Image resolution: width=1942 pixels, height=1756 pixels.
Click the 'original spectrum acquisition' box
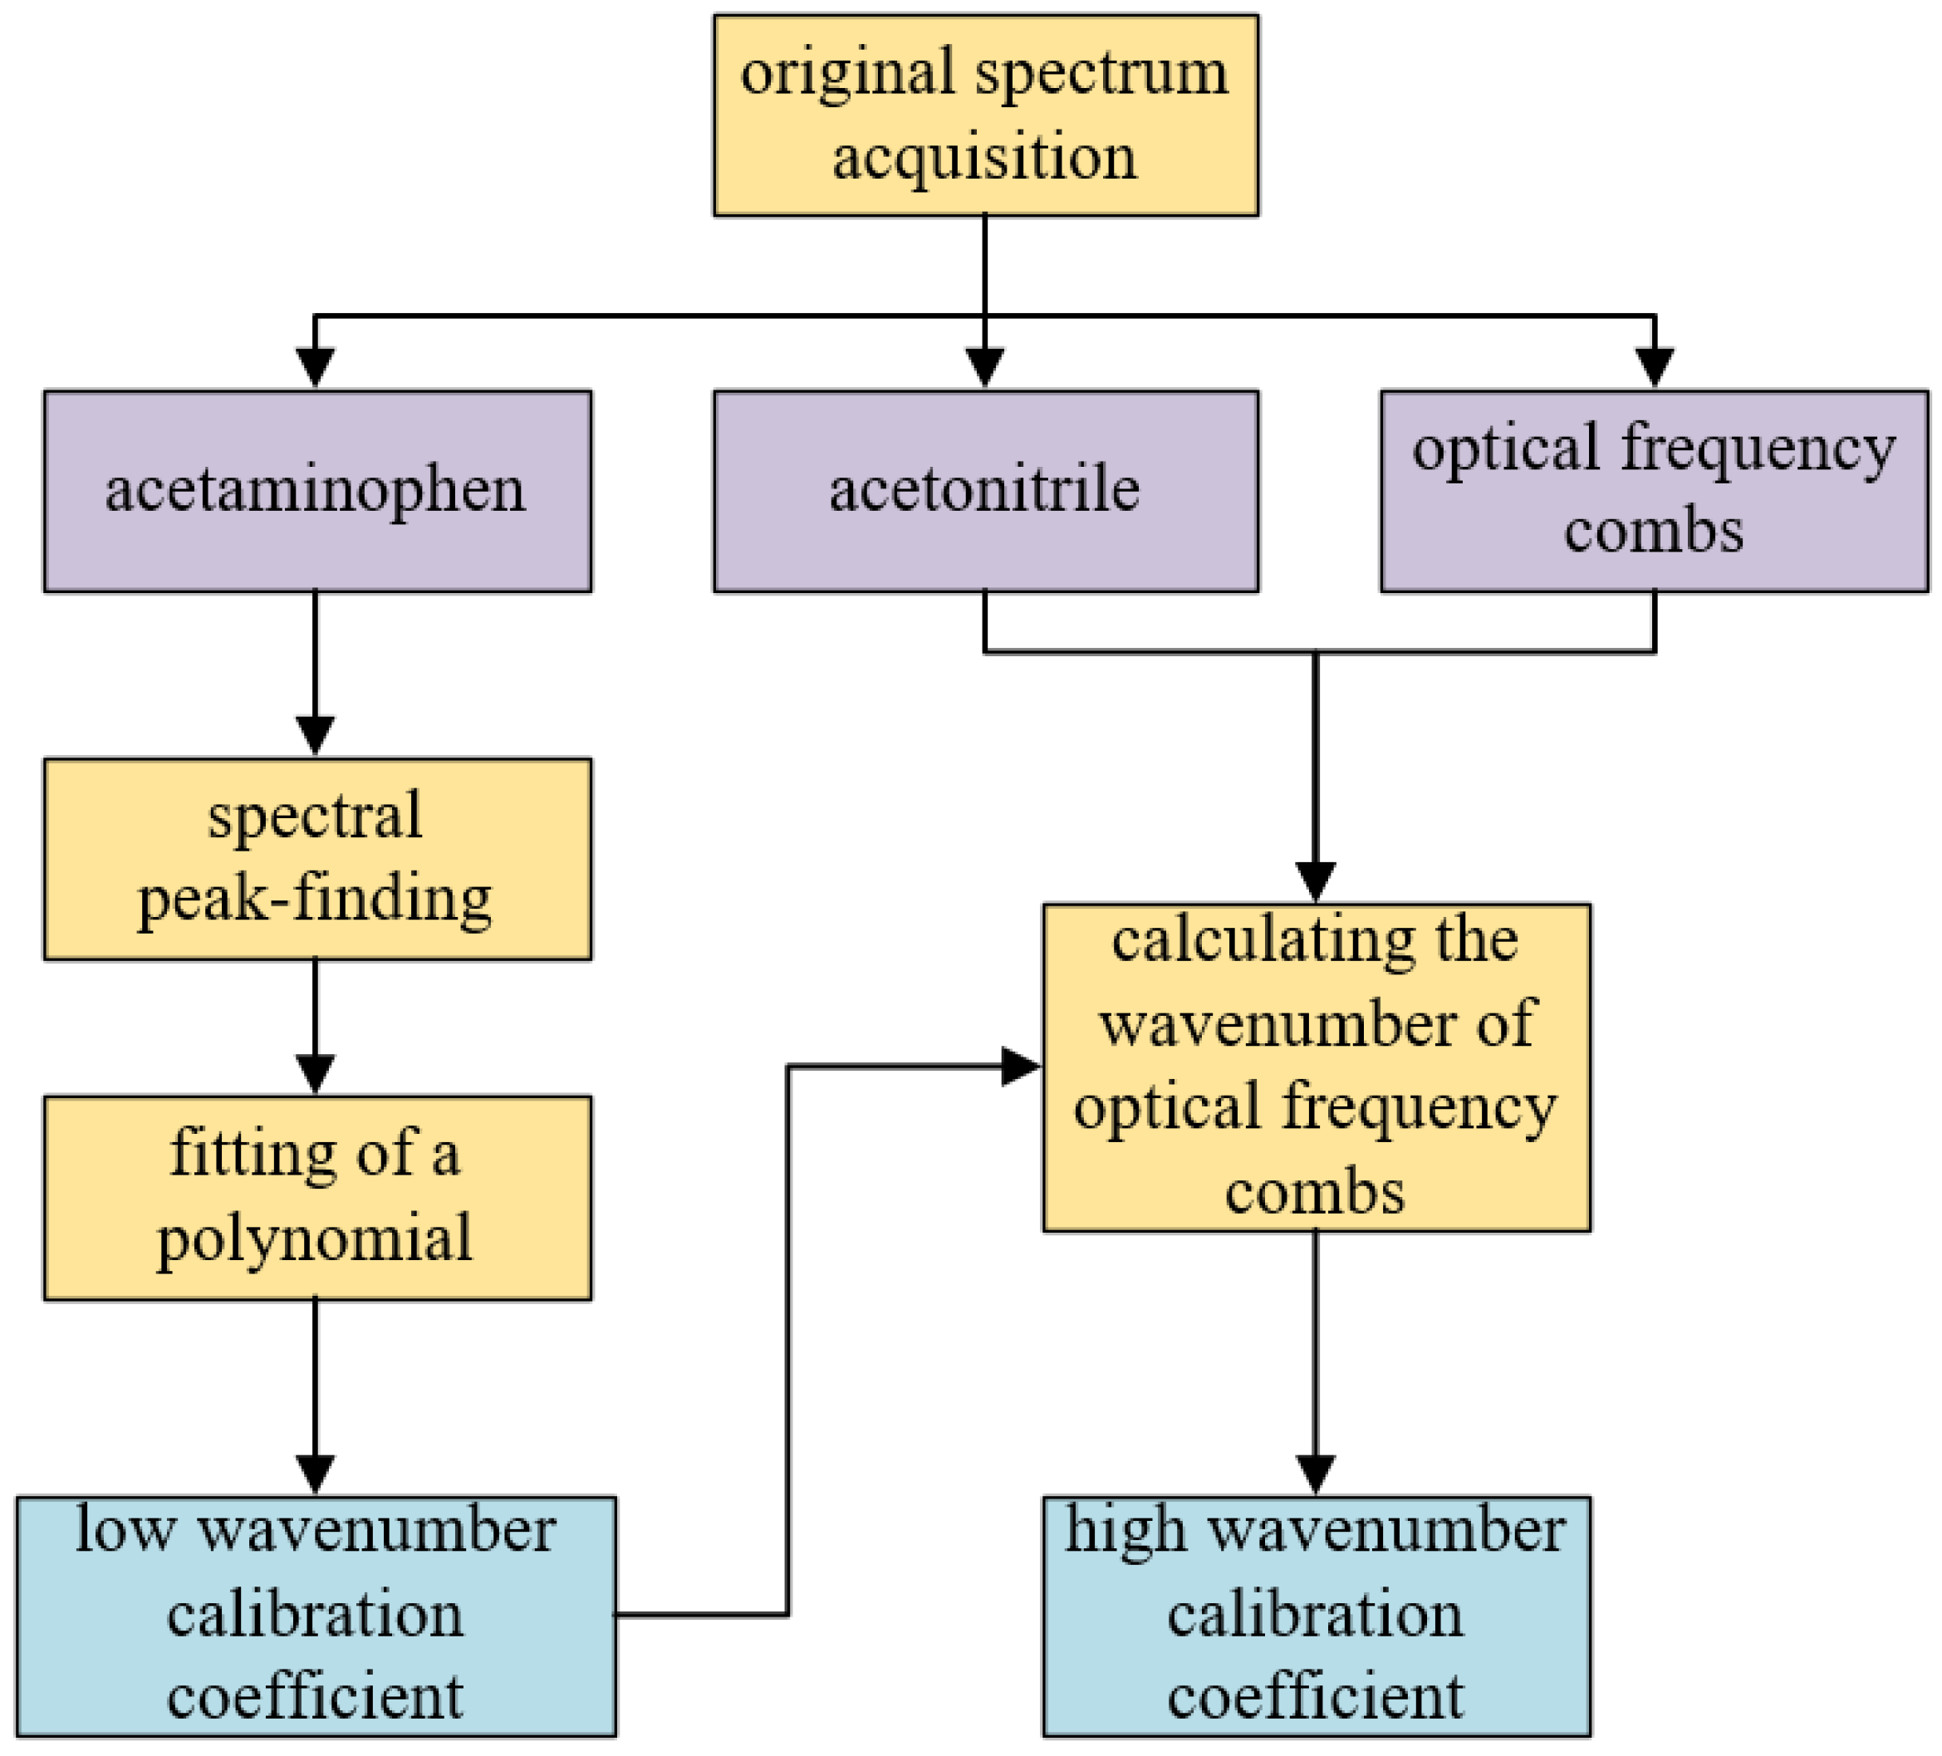point(985,115)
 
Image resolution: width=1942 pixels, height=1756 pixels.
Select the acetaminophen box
point(317,490)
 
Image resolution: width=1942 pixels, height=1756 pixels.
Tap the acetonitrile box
point(985,490)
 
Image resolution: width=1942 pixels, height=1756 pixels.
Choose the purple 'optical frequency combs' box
point(1654,490)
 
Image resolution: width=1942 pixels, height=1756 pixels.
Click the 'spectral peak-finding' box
point(317,858)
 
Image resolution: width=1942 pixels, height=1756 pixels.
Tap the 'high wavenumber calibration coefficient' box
point(1316,1616)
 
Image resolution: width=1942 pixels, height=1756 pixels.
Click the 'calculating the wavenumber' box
point(1316,1067)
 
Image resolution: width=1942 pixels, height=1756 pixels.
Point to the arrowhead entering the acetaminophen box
point(315,368)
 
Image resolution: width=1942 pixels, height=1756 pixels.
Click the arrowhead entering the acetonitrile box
point(984,368)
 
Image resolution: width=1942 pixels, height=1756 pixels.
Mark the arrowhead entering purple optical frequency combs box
point(1654,368)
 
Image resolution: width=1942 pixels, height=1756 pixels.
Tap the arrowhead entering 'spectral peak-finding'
point(315,736)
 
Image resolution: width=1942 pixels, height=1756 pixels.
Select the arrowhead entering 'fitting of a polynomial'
point(315,1074)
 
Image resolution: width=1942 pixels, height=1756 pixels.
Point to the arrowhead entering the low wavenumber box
point(315,1474)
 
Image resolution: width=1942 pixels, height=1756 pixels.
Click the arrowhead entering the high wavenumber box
point(1315,1474)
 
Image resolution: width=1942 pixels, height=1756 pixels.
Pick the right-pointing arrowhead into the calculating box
point(1021,1067)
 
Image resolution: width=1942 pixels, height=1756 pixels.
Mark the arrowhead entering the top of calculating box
point(1315,881)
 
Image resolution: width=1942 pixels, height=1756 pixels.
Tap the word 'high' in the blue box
point(1125,1531)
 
